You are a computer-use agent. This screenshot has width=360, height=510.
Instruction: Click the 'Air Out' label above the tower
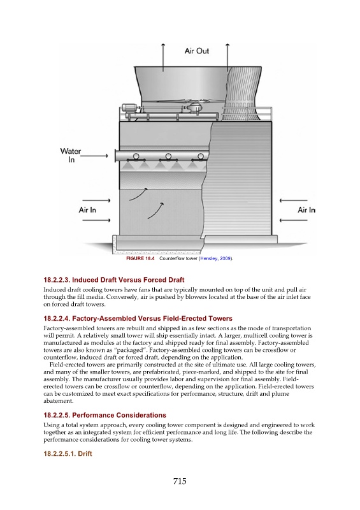(197, 51)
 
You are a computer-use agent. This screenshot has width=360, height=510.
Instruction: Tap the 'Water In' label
(71, 156)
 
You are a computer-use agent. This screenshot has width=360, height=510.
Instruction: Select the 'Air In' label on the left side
(87, 210)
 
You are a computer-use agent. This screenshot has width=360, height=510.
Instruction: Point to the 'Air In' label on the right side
(306, 210)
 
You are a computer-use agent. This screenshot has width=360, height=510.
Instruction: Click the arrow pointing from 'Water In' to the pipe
(94, 156)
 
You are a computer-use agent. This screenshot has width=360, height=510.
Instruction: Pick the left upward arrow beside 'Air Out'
(163, 57)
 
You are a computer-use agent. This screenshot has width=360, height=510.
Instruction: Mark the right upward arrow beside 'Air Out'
(227, 57)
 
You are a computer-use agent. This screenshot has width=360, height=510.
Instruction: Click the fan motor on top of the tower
(130, 108)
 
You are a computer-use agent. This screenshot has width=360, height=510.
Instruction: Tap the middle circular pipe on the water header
(168, 156)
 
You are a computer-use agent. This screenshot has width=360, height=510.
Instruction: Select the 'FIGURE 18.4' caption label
(140, 259)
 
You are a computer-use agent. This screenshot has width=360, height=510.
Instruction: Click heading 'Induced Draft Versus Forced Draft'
(114, 280)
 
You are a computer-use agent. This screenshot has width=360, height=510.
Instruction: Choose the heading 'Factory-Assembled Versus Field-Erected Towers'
(138, 318)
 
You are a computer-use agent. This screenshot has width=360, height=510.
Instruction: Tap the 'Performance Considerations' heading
(104, 416)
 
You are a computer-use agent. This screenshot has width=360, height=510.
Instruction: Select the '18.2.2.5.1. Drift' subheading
(68, 454)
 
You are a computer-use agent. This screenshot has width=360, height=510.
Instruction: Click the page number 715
(180, 481)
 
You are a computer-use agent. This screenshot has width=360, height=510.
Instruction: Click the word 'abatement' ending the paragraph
(58, 401)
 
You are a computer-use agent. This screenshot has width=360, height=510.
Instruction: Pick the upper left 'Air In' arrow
(96, 200)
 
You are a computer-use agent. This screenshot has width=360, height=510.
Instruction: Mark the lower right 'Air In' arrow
(293, 221)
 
